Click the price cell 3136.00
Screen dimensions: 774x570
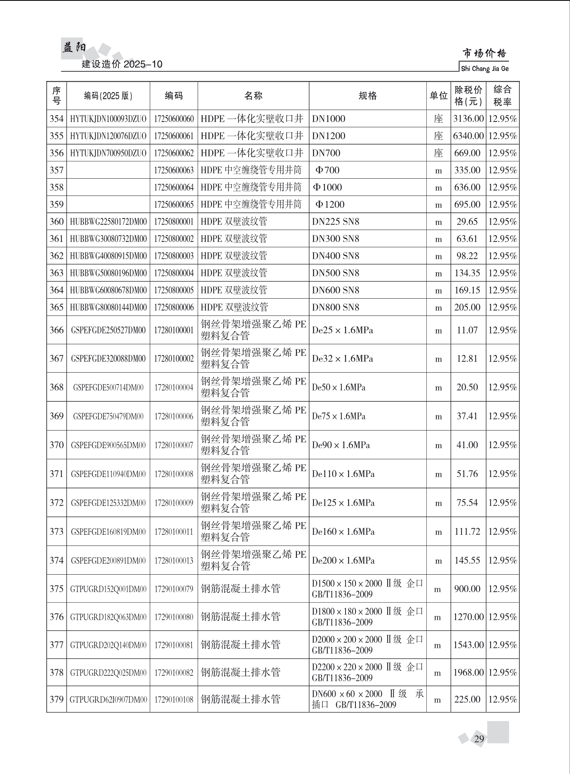click(x=468, y=119)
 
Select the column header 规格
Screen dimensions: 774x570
click(x=367, y=96)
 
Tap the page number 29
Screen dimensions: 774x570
click(x=479, y=738)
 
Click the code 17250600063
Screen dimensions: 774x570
click(x=174, y=170)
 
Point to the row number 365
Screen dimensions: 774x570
click(x=56, y=307)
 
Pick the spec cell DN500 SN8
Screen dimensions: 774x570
click(x=336, y=273)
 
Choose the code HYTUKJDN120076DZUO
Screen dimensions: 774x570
click(x=108, y=136)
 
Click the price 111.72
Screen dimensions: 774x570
click(x=467, y=531)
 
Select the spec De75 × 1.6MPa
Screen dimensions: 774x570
click(x=339, y=416)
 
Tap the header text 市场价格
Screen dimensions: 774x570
click(x=484, y=53)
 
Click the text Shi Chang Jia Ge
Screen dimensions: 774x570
click(x=485, y=69)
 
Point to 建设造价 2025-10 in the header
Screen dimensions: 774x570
click(x=122, y=64)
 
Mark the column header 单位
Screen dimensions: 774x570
click(x=438, y=96)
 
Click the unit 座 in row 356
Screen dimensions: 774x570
click(x=438, y=153)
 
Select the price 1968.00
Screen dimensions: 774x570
click(x=468, y=672)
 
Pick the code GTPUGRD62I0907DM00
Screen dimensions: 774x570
click(x=108, y=699)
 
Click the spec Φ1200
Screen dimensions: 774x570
click(x=329, y=204)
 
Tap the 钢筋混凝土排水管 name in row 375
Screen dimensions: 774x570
click(x=241, y=588)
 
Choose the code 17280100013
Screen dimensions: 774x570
click(x=174, y=560)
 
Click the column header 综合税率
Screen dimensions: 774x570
click(x=502, y=96)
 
